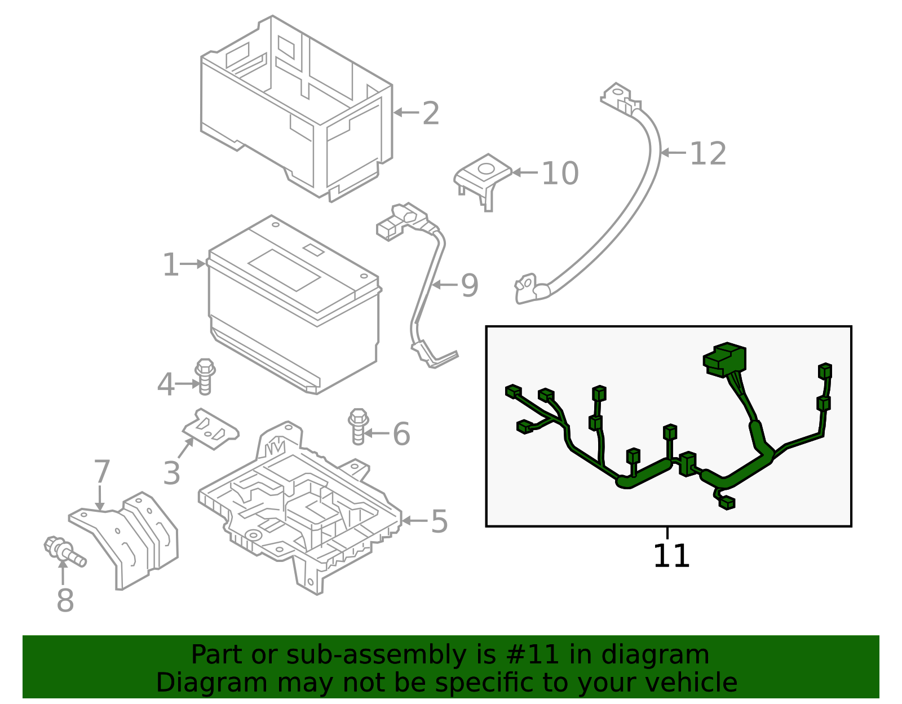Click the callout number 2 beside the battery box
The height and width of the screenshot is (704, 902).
(x=431, y=113)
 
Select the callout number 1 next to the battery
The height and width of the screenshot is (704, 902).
(x=170, y=264)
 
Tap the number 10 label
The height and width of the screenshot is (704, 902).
(x=560, y=173)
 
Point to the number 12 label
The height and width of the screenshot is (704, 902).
(x=708, y=153)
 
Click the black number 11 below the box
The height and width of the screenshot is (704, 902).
(x=671, y=556)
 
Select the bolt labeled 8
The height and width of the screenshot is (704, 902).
(x=64, y=551)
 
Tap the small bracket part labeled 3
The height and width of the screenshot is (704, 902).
(x=211, y=429)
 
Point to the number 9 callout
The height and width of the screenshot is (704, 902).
(x=469, y=285)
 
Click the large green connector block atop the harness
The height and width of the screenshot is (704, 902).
(x=725, y=358)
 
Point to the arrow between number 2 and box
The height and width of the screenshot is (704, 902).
(x=405, y=112)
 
